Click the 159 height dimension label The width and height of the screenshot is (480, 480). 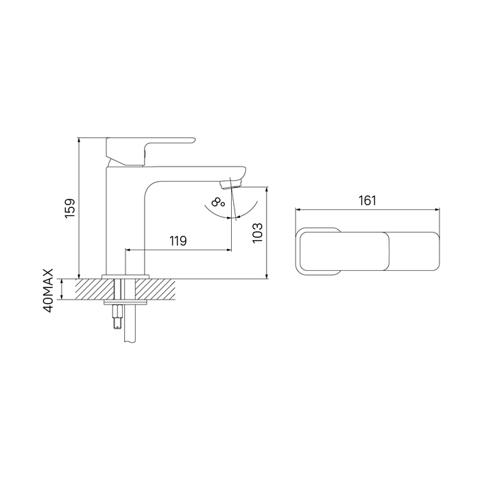(70, 208)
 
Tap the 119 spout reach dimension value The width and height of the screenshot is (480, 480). (178, 241)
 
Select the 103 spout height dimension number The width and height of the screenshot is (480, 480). (258, 232)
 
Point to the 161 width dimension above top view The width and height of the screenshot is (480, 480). (367, 200)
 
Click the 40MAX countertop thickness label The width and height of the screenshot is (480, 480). (49, 291)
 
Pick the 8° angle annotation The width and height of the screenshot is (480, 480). (218, 203)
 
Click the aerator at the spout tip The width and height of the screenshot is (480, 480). (230, 184)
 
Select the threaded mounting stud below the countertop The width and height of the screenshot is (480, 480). (117, 317)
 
